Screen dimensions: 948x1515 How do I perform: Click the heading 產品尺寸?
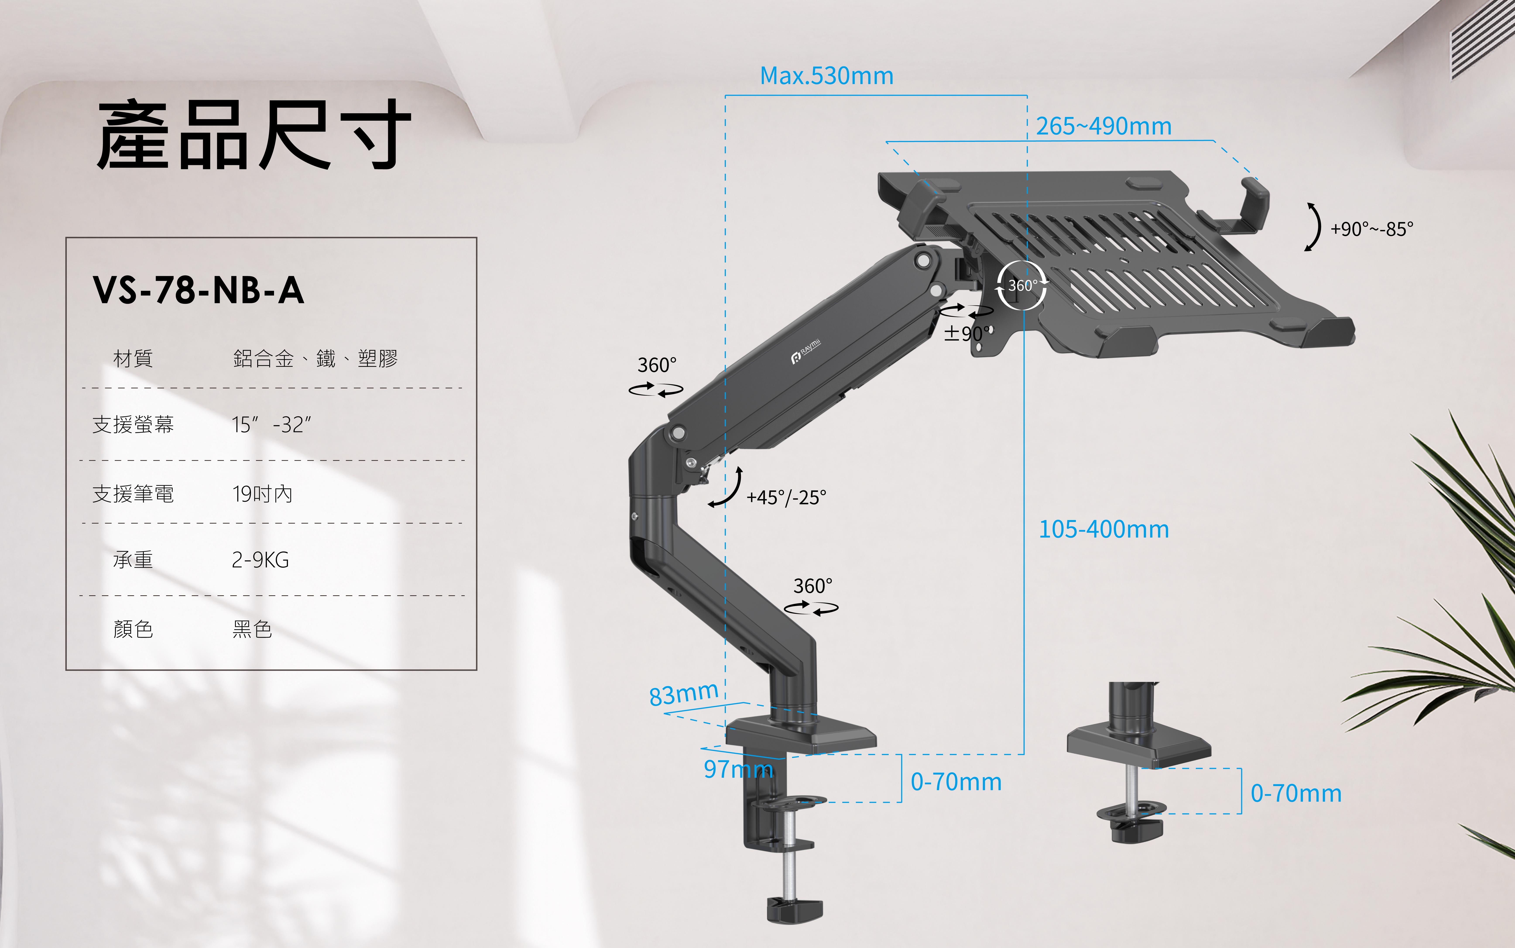(x=254, y=135)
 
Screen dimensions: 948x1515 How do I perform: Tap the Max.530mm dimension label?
(x=826, y=76)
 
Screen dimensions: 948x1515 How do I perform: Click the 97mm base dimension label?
(x=738, y=769)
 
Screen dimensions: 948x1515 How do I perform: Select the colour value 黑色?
(x=252, y=629)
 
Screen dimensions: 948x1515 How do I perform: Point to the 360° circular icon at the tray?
(x=1022, y=286)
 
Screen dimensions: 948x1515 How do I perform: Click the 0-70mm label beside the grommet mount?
(x=1296, y=793)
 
